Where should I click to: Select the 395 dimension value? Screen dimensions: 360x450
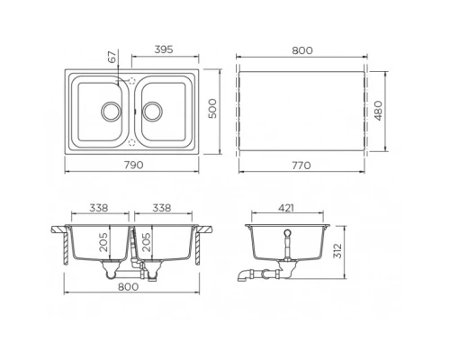[165, 50]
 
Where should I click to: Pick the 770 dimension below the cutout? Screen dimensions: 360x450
[301, 165]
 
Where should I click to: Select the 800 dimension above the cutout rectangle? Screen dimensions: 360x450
[301, 50]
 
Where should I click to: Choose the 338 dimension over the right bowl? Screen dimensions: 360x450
[162, 208]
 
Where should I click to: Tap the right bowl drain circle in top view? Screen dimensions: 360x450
[153, 111]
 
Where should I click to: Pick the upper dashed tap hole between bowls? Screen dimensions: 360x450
[132, 81]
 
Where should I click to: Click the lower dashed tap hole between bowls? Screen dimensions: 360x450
[132, 141]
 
